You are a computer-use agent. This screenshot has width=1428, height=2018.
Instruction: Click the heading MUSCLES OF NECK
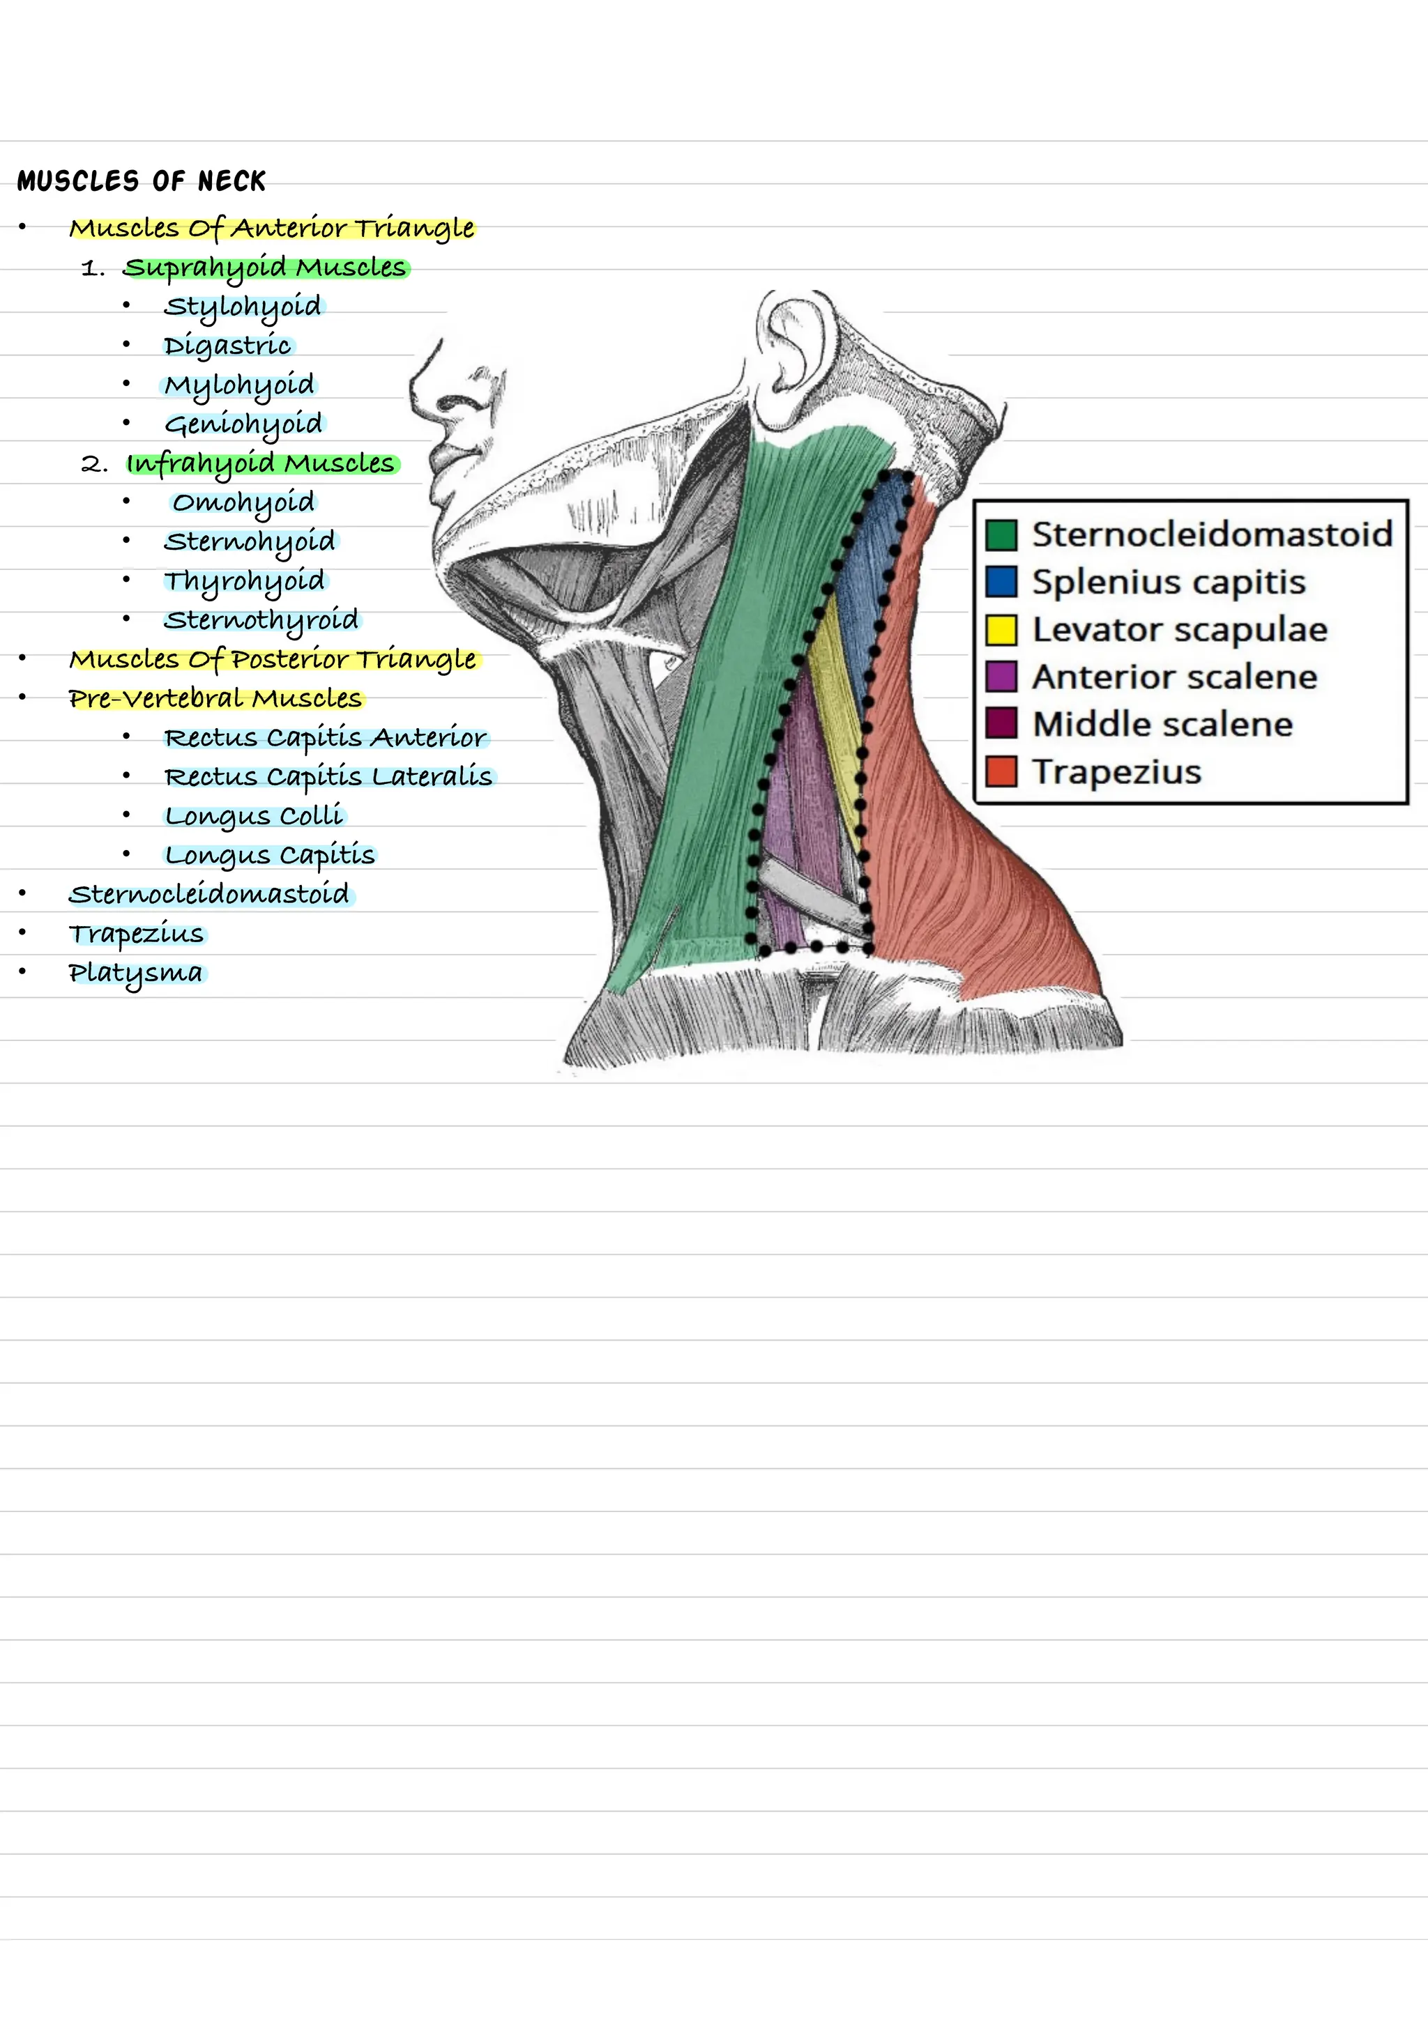point(141,181)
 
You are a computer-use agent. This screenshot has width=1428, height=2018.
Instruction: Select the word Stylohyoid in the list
point(243,307)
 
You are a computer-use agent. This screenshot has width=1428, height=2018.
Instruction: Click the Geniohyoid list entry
point(243,424)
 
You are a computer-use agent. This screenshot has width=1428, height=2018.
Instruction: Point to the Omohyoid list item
point(243,502)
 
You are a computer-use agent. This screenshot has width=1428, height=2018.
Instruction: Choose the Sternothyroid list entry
point(261,620)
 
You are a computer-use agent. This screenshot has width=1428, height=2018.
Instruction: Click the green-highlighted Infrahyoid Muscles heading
point(261,464)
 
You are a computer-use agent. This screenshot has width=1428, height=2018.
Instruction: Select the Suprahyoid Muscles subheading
point(265,267)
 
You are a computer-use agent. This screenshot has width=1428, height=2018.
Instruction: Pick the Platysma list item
point(135,973)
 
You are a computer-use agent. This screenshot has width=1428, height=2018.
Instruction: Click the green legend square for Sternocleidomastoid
point(1001,534)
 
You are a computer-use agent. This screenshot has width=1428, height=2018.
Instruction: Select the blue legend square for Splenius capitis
point(1001,582)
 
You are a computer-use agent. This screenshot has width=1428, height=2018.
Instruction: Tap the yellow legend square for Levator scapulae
point(1001,629)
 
